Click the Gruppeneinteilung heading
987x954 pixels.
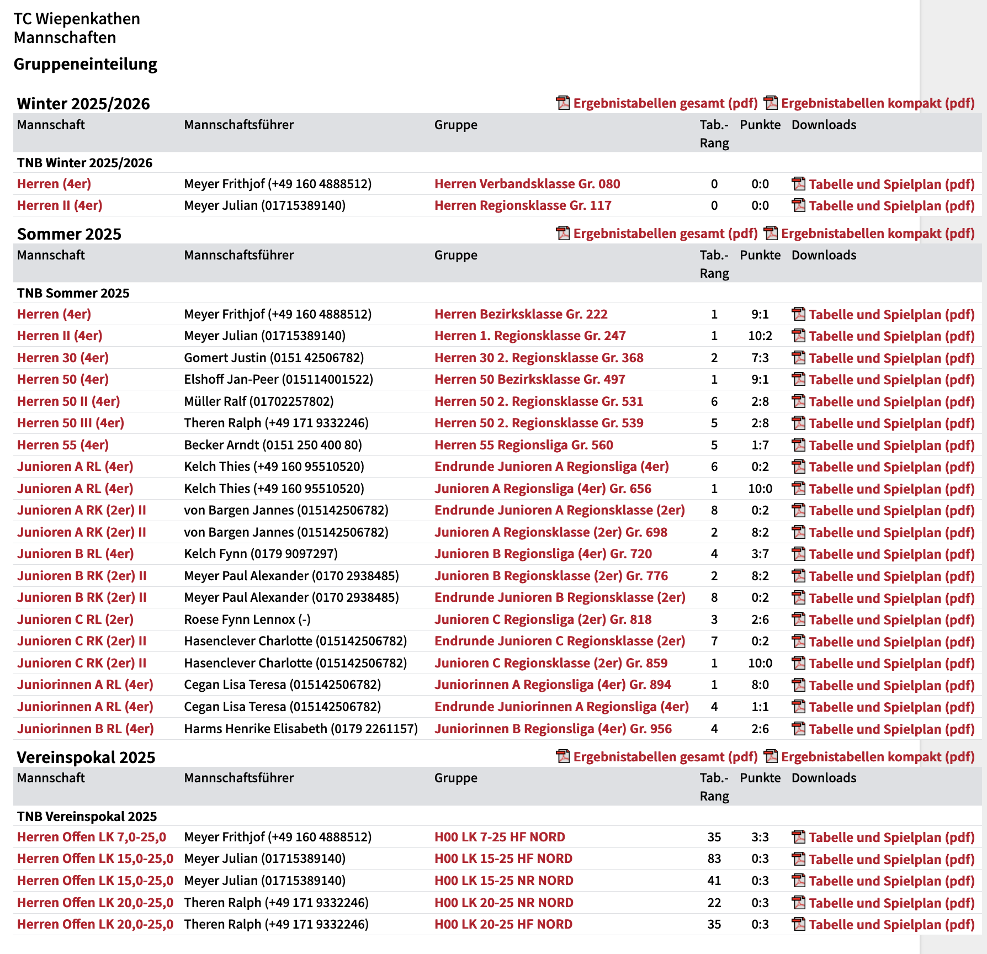[x=86, y=64]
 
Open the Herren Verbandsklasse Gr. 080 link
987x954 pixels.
[x=527, y=184]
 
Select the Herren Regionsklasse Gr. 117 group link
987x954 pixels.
[x=522, y=205]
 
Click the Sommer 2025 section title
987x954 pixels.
[x=69, y=234]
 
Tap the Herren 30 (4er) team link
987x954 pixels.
[x=63, y=358]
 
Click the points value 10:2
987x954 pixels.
[x=760, y=336]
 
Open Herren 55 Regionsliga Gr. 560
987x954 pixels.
[x=523, y=445]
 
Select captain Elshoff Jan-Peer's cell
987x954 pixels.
[x=278, y=379]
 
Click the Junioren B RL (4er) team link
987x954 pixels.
[x=75, y=554]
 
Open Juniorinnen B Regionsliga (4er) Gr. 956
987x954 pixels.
[x=553, y=729]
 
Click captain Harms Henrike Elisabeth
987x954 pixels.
[x=300, y=729]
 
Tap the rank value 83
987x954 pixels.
[x=714, y=858]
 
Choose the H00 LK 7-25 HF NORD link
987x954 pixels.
[x=499, y=837]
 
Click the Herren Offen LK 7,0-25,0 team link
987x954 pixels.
[x=92, y=837]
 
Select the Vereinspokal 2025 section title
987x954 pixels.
[x=86, y=757]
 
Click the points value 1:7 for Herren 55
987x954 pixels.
[x=760, y=445]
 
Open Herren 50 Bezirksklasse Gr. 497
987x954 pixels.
[x=529, y=379]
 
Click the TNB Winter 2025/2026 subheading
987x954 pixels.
[x=84, y=163]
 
